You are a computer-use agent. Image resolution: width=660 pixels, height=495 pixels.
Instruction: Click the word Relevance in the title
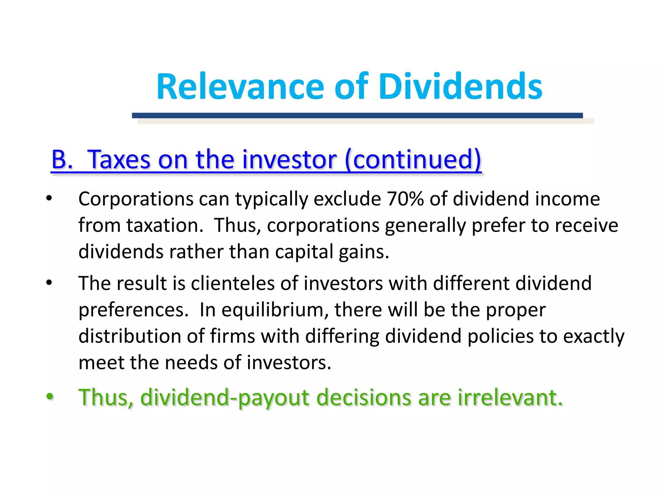point(240,87)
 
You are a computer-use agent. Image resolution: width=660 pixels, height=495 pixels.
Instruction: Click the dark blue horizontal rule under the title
point(357,115)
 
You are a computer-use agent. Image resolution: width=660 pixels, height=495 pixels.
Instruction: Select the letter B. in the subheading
point(62,159)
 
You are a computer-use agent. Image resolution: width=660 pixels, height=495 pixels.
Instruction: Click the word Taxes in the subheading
point(119,159)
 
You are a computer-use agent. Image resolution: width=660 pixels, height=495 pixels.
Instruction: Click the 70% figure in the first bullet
point(405,199)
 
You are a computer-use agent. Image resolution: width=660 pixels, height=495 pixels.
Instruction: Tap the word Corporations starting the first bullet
point(136,199)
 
